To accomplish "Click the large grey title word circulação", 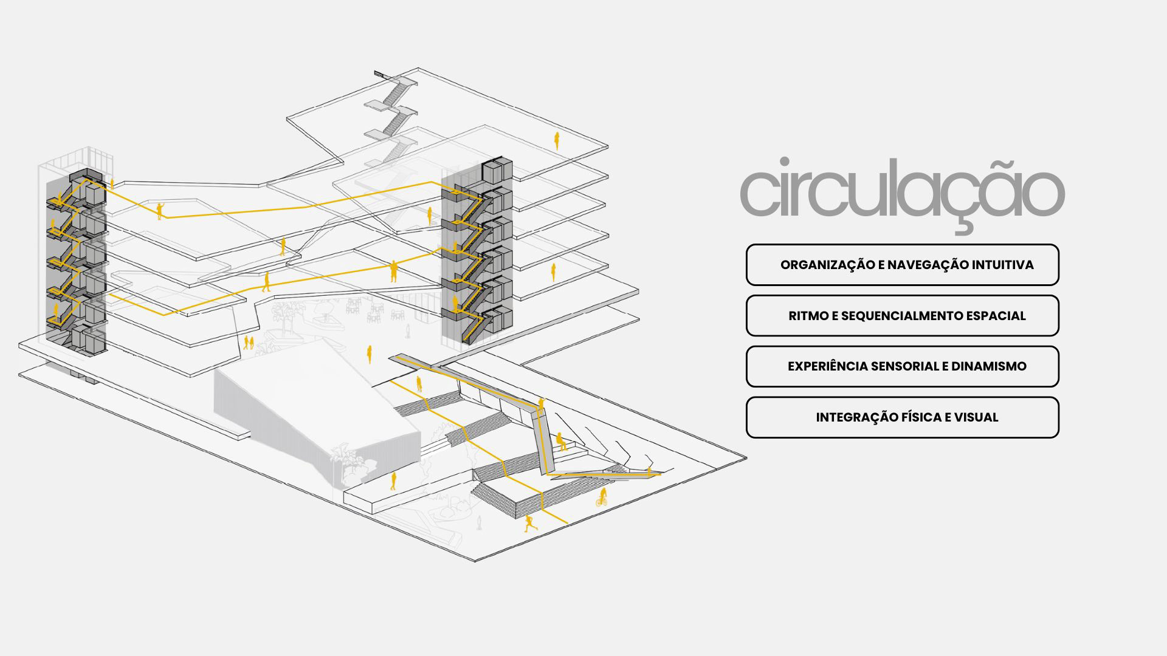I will point(902,190).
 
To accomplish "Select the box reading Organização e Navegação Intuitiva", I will point(902,265).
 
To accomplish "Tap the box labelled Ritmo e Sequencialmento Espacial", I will point(902,316).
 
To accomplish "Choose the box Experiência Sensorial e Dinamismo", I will point(902,366).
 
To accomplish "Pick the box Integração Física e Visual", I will point(902,417).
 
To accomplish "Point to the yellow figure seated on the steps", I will point(561,441).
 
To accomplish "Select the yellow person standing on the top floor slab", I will point(556,141).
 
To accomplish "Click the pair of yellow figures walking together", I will point(248,342).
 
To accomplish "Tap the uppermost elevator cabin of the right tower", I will point(497,171).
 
